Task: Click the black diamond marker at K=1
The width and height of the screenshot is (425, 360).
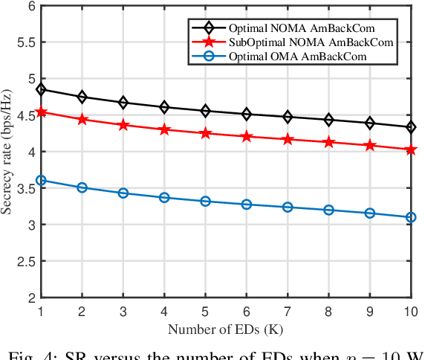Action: (41, 90)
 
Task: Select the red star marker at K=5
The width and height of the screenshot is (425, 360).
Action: (205, 133)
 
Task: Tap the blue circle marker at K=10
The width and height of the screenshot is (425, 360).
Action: (411, 217)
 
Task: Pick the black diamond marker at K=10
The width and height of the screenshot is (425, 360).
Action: (411, 127)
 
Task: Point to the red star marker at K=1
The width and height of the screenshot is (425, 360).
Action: (41, 112)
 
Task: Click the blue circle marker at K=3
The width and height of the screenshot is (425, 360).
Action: (123, 193)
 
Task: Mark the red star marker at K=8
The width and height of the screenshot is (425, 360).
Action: (328, 142)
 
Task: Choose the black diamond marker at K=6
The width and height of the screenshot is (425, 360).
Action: (247, 114)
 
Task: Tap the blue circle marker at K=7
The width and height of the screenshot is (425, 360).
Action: (288, 207)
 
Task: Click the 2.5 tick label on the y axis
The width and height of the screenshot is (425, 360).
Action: (24, 261)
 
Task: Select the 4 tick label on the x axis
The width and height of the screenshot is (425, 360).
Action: (164, 310)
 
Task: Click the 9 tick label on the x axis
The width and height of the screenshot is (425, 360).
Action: (369, 310)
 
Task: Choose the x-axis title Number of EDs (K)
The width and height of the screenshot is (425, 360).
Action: (226, 328)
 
